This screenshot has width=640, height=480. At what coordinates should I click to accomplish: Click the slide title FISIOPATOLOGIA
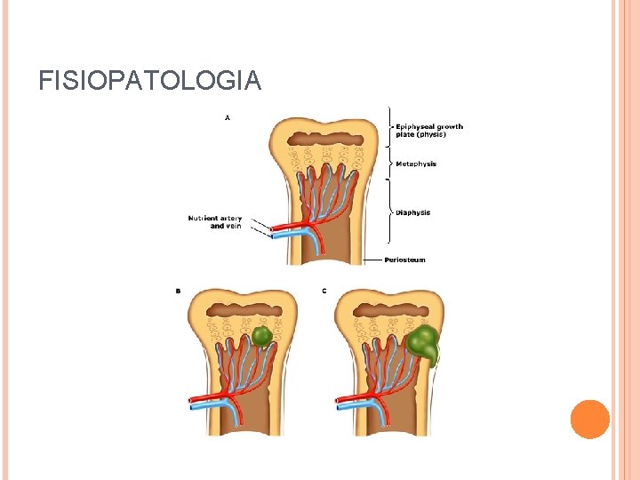(x=149, y=81)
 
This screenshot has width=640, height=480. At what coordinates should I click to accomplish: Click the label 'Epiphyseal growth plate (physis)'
(x=429, y=131)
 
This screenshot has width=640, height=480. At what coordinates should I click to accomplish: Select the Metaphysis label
(x=416, y=164)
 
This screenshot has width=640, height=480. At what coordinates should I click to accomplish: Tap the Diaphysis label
(x=413, y=212)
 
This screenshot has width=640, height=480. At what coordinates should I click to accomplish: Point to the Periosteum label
(x=405, y=260)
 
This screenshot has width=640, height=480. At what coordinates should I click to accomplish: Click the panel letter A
(x=228, y=116)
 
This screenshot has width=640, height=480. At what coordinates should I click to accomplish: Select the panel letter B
(x=178, y=291)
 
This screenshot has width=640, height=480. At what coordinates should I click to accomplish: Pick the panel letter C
(x=324, y=291)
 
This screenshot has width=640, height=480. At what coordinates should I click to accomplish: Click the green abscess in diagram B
(x=260, y=337)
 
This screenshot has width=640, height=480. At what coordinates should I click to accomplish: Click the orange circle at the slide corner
(x=590, y=420)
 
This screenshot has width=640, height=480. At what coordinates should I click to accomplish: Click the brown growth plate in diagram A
(x=324, y=139)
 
